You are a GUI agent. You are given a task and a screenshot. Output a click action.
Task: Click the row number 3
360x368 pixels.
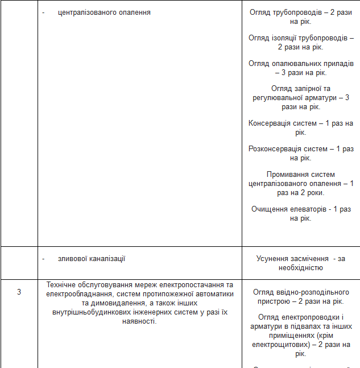pyautogui.click(x=19, y=292)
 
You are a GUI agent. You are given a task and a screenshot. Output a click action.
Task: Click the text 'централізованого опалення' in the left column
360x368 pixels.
pyautogui.click(x=104, y=12)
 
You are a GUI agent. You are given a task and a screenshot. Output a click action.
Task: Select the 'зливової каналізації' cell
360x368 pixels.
pyautogui.click(x=92, y=259)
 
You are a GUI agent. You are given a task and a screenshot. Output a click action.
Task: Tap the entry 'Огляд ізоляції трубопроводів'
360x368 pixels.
pyautogui.click(x=301, y=42)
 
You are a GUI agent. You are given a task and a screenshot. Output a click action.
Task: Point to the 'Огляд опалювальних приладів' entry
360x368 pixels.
pyautogui.click(x=301, y=68)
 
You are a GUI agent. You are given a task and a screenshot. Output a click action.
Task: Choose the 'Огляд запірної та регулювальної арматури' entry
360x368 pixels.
pyautogui.click(x=301, y=97)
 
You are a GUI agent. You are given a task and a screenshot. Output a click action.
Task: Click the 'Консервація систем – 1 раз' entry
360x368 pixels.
pyautogui.click(x=301, y=127)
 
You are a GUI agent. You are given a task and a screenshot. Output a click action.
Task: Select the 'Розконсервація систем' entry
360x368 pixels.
pyautogui.click(x=301, y=153)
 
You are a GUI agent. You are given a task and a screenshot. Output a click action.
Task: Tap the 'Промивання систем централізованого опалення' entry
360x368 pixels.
pyautogui.click(x=301, y=183)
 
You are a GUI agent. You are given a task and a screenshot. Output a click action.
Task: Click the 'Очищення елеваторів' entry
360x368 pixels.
pyautogui.click(x=301, y=213)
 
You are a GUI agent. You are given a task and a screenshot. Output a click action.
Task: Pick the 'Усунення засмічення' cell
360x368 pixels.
pyautogui.click(x=301, y=263)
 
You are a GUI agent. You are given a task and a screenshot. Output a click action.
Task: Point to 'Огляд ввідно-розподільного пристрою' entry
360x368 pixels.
pyautogui.click(x=301, y=296)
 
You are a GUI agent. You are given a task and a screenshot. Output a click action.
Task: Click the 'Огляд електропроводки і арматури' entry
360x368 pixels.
pyautogui.click(x=301, y=335)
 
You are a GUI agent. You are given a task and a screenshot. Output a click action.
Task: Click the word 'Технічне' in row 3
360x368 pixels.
pyautogui.click(x=61, y=284)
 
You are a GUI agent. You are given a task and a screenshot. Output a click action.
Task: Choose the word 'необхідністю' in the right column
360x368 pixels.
pyautogui.click(x=301, y=267)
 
